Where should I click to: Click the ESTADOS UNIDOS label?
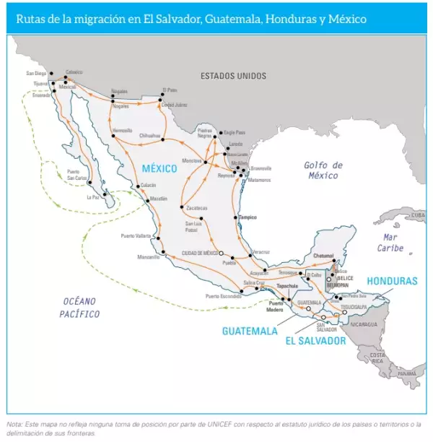pos(233,76)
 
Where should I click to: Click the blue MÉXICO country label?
pos(159,168)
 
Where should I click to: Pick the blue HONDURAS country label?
pos(392,281)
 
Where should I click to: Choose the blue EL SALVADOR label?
pos(315,340)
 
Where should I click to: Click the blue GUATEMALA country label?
pos(249,331)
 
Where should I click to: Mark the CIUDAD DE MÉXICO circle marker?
pos(222,253)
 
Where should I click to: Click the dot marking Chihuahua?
pos(164,139)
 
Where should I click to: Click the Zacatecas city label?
pos(196,208)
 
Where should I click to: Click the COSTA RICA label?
pos(377,358)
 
